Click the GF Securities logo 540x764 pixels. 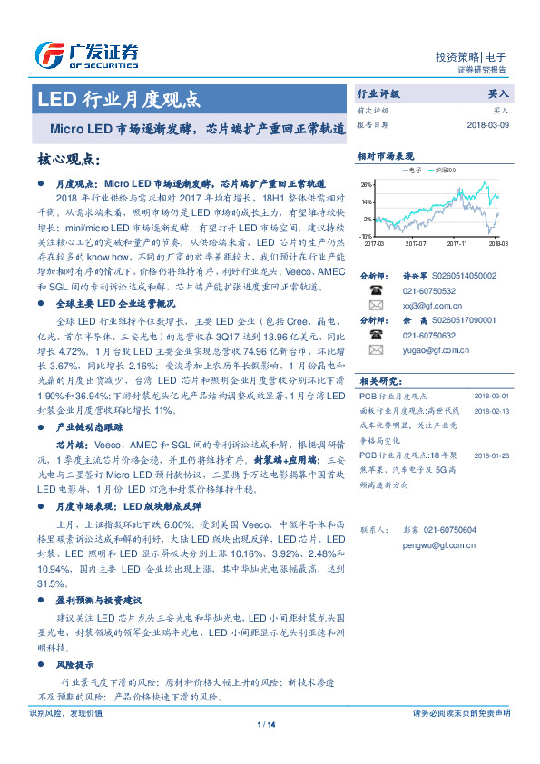point(87,55)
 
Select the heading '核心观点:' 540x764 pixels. point(68,160)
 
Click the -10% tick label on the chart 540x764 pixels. point(365,235)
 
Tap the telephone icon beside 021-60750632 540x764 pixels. point(375,333)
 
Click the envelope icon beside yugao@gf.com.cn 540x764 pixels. point(375,348)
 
